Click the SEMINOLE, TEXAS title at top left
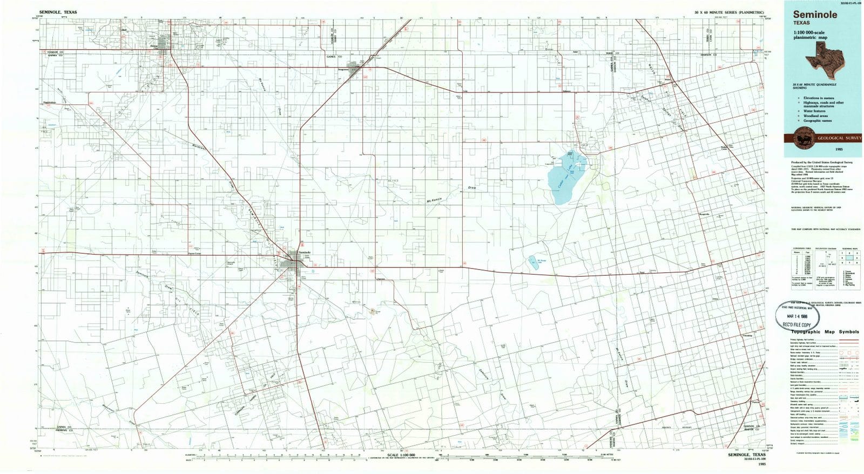pos(58,12)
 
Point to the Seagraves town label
pos(344,70)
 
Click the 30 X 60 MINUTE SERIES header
pos(729,12)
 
